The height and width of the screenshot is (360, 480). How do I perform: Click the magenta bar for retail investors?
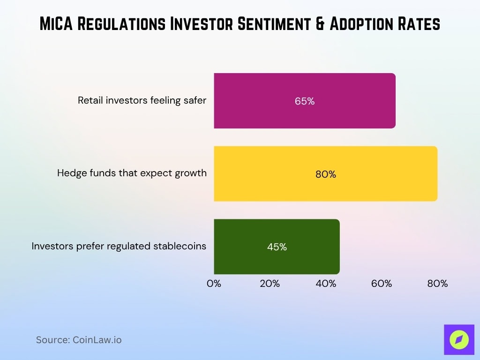pyautogui.click(x=305, y=101)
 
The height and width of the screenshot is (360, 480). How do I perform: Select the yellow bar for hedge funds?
pyautogui.click(x=325, y=174)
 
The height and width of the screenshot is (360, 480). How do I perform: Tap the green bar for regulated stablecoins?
pyautogui.click(x=277, y=247)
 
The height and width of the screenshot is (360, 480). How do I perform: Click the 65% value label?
pyautogui.click(x=305, y=101)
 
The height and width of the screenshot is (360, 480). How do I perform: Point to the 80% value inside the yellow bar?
pyautogui.click(x=326, y=174)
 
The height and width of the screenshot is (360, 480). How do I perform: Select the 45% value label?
pyautogui.click(x=277, y=247)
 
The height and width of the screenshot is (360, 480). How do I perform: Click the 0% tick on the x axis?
pyautogui.click(x=214, y=284)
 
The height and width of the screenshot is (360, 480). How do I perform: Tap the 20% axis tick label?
pyautogui.click(x=270, y=284)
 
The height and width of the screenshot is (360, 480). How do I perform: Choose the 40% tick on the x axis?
pyautogui.click(x=326, y=284)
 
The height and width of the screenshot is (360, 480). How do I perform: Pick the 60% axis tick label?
pyautogui.click(x=382, y=284)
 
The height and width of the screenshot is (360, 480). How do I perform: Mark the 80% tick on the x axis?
pyautogui.click(x=437, y=284)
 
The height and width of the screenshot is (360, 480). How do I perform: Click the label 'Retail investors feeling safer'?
pyautogui.click(x=142, y=100)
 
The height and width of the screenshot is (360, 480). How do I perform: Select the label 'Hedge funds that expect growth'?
pyautogui.click(x=132, y=173)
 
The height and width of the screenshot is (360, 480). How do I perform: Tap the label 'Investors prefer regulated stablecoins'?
pyautogui.click(x=119, y=246)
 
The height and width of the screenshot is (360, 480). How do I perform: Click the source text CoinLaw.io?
pyautogui.click(x=97, y=340)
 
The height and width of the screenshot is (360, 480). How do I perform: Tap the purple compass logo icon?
pyautogui.click(x=459, y=339)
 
